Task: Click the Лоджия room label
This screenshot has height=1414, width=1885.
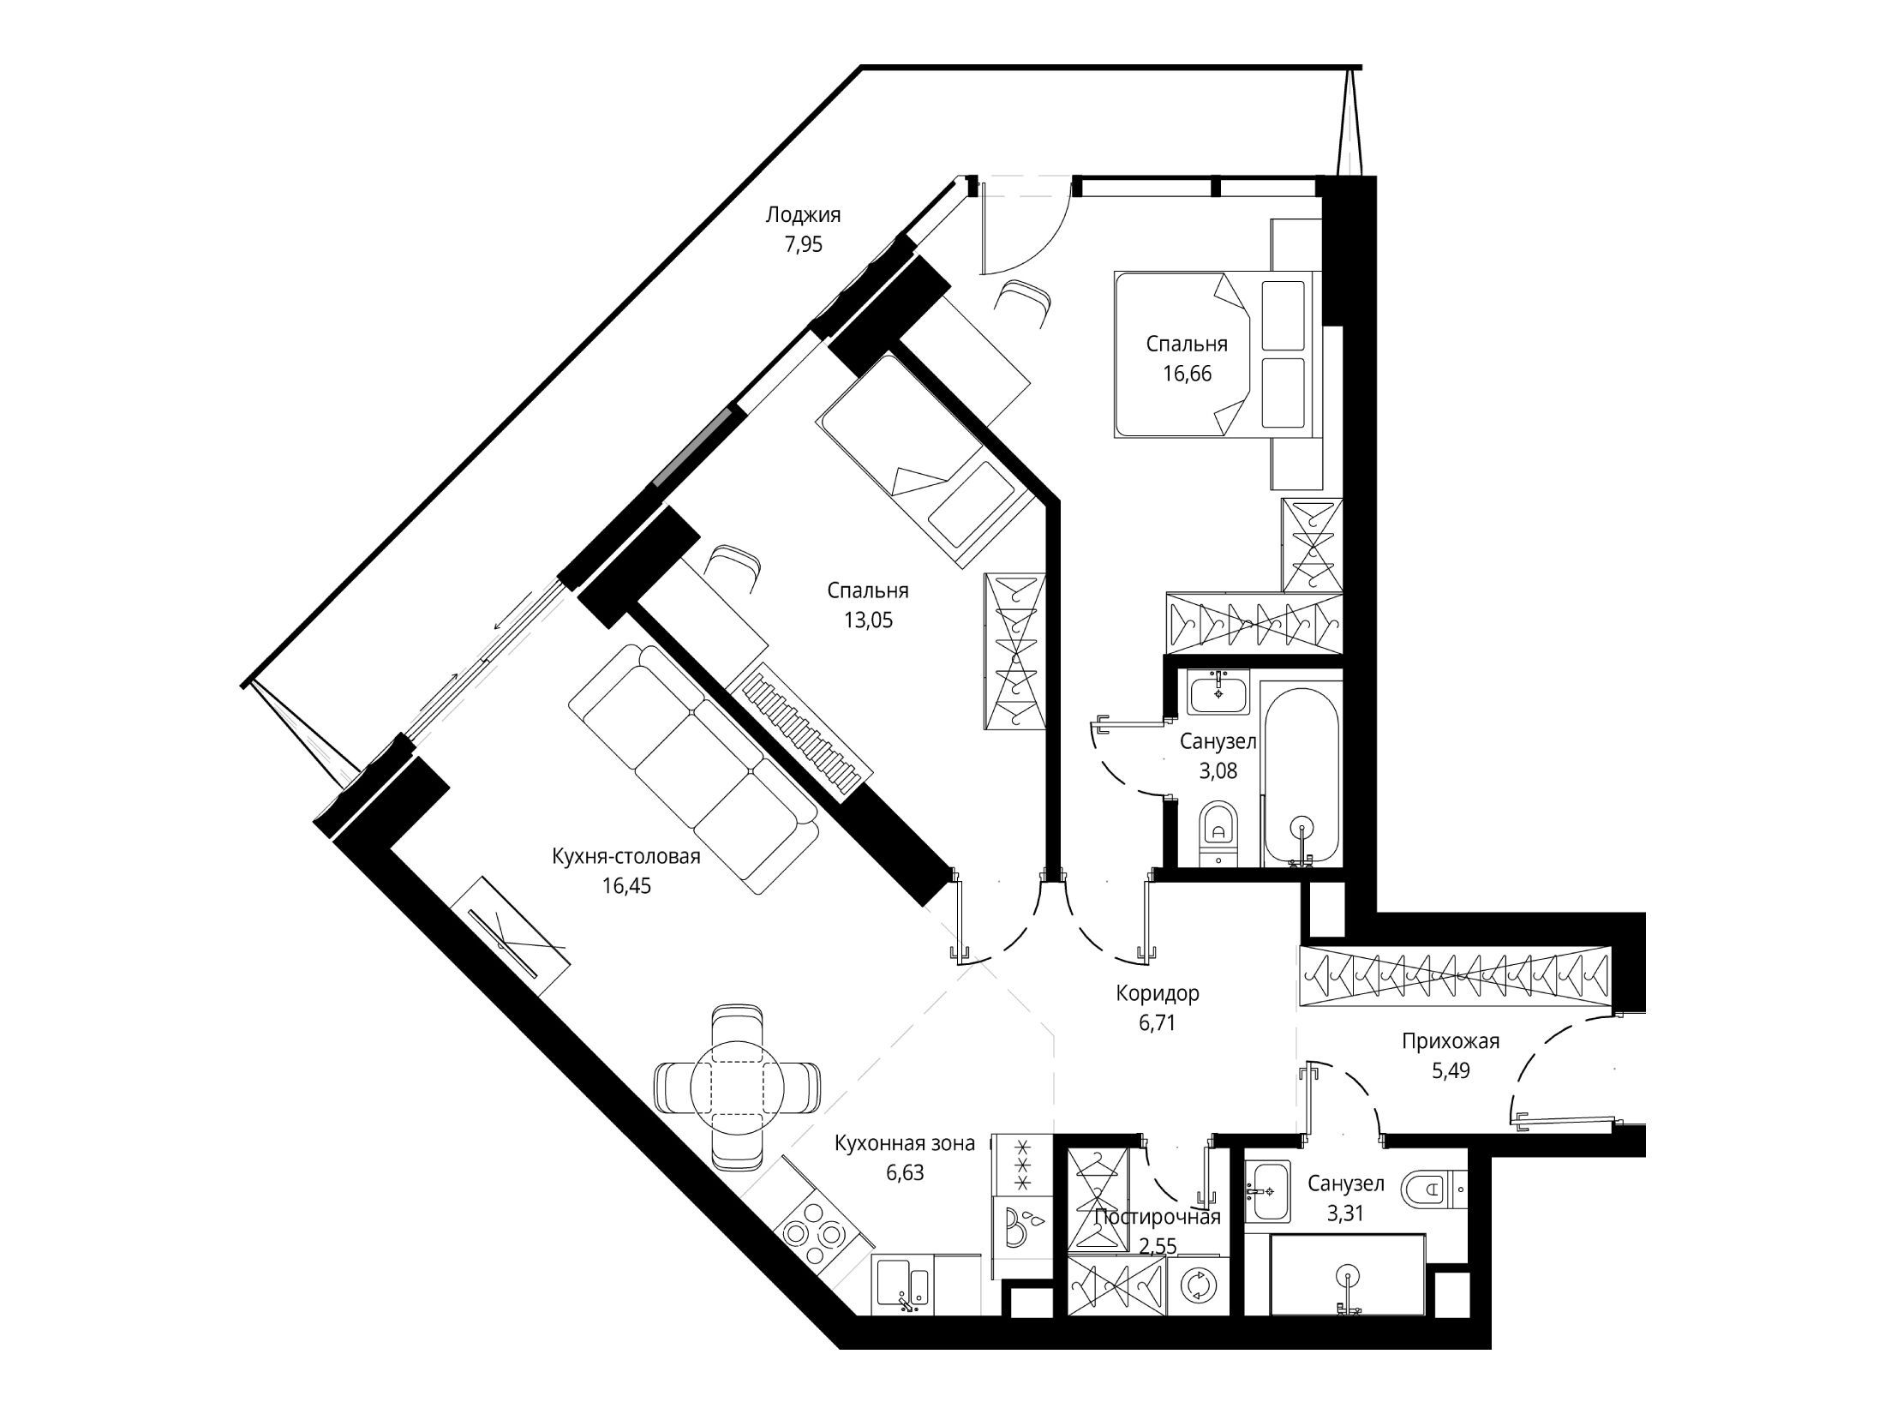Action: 803,214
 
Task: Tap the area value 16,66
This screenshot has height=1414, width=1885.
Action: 1187,374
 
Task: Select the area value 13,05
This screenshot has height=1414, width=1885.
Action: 868,620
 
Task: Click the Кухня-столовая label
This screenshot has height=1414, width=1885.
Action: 626,856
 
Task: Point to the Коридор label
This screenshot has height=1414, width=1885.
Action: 1158,993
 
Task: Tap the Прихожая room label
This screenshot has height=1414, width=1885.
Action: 1451,1041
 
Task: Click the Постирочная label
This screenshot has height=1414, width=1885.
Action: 1158,1217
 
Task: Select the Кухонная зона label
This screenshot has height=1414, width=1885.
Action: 905,1143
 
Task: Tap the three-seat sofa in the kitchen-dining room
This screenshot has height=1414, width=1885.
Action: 693,770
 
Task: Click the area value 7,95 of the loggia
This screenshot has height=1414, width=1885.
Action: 804,245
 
